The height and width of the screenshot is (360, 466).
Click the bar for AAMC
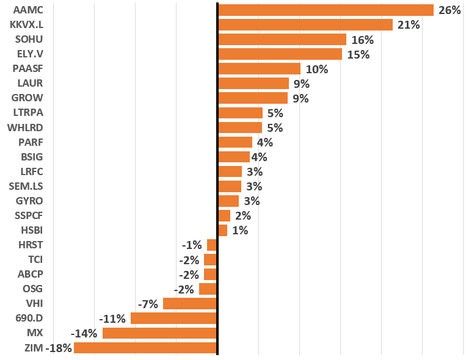click(326, 10)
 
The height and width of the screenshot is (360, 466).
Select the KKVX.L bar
click(305, 25)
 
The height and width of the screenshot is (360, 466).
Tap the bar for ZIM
click(145, 348)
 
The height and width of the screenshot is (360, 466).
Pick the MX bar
click(159, 333)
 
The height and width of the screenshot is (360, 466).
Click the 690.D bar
click(174, 319)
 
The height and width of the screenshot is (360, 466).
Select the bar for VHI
click(190, 304)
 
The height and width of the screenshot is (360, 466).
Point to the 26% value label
click(449, 10)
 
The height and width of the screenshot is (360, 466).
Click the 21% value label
click(408, 25)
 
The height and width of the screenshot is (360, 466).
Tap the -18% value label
click(59, 348)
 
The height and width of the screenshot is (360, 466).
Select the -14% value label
click(84, 333)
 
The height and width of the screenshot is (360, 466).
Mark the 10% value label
click(316, 69)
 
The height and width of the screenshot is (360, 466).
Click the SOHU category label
click(29, 40)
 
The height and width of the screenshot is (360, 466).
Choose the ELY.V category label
click(29, 54)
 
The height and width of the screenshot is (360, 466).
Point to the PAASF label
click(27, 69)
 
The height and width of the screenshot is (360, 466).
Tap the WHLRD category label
click(25, 128)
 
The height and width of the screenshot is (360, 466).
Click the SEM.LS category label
click(26, 186)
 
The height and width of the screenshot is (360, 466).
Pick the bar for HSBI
click(222, 230)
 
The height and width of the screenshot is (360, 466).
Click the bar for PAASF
click(259, 69)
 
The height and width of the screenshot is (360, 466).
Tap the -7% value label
click(148, 304)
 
